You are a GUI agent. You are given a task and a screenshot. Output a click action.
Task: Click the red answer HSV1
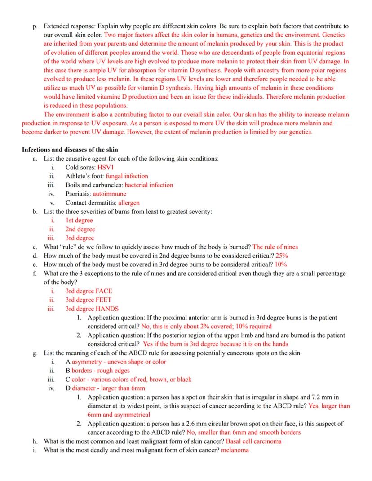click(106, 167)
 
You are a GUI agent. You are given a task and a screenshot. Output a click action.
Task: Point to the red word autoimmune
click(109, 194)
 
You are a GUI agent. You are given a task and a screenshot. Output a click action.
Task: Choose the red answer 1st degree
click(79, 220)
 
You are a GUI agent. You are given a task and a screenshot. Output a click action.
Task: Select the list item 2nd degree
click(80, 229)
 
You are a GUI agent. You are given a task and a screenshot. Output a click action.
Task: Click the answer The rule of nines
click(275, 247)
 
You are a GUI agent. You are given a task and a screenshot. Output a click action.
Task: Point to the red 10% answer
click(281, 264)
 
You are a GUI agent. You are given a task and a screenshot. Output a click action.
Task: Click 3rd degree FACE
click(89, 291)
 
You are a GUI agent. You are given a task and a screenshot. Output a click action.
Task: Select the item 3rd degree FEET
click(89, 300)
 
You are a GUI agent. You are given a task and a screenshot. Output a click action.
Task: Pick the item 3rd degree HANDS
click(92, 309)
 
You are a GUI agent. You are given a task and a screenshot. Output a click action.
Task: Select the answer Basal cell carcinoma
click(253, 441)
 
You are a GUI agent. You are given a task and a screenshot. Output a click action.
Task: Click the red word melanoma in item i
click(235, 450)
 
